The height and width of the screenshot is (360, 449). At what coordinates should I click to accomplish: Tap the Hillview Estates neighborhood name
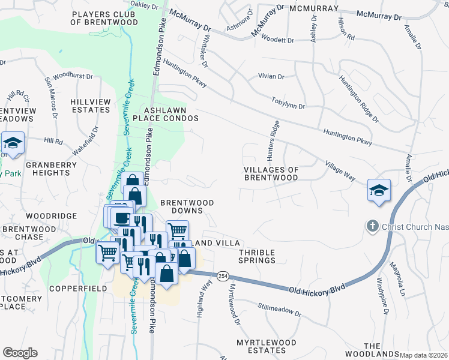[91, 106]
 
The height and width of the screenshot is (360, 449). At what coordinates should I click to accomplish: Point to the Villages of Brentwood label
[271, 173]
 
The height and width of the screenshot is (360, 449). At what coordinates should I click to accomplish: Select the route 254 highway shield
[223, 275]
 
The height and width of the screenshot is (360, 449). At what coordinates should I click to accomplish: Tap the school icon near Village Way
[379, 190]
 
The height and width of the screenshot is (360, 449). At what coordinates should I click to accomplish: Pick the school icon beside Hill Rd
[13, 143]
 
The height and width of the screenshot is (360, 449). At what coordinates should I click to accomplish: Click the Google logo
[20, 353]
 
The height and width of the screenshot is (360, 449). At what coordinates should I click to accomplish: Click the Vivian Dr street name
[270, 77]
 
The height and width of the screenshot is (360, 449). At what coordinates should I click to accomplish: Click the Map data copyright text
[424, 355]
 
